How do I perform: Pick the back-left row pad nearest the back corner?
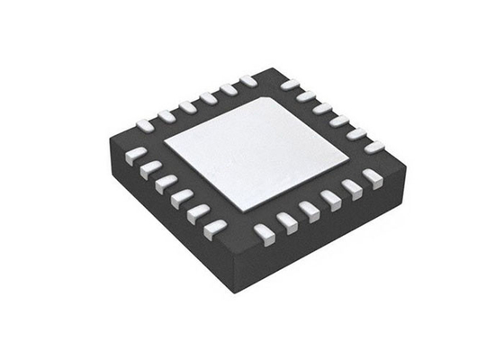tap(248, 81)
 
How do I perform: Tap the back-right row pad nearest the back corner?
tap(290, 85)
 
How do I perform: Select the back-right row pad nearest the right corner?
tap(373, 146)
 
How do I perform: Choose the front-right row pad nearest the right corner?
tap(372, 177)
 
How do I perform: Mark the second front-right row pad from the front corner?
tap(287, 221)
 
